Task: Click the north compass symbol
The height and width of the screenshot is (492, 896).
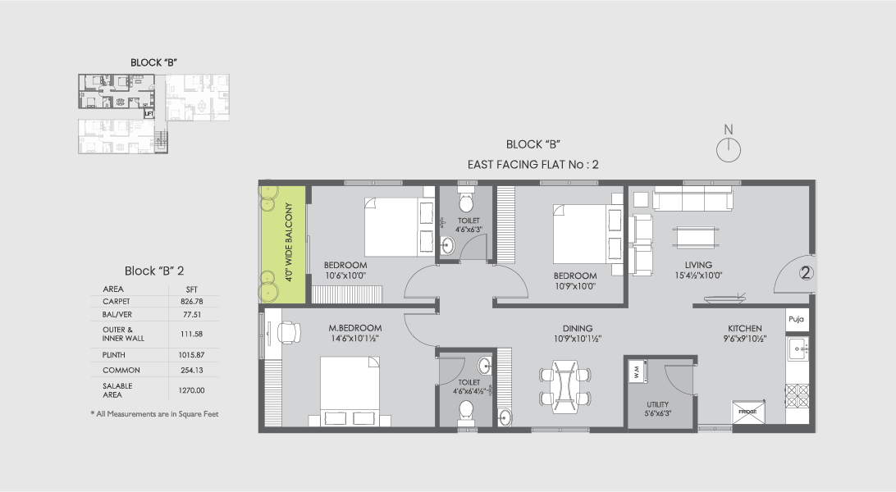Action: coord(727,148)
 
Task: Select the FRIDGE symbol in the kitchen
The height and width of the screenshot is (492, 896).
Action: coord(748,410)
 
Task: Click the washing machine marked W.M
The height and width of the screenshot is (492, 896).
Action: coord(638,373)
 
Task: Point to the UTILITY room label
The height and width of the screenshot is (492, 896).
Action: coord(657,404)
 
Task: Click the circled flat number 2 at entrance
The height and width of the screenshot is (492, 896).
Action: coord(806,275)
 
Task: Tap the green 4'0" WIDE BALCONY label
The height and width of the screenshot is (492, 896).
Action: coord(289,242)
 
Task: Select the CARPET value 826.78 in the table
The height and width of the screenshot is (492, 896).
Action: coord(193,302)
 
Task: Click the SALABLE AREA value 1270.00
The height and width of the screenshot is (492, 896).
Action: coord(193,390)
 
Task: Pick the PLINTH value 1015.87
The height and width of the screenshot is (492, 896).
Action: coord(193,354)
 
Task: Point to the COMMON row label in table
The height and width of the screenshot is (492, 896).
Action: coord(115,370)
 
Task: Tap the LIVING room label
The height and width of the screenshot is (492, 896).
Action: coord(699,264)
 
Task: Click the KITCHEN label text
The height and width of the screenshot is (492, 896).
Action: coord(745,328)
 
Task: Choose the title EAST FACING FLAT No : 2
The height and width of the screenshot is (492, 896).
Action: coord(533,164)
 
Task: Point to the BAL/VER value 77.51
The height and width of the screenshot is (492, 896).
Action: coord(193,316)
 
